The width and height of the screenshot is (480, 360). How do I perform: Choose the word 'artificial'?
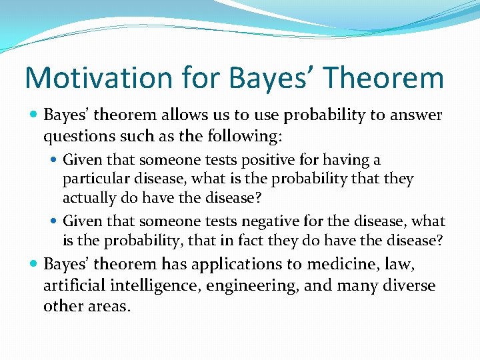[77, 286]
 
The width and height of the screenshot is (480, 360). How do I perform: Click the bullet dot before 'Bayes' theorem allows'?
[33, 115]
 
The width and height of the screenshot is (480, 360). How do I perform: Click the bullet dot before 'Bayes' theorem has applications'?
[33, 265]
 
